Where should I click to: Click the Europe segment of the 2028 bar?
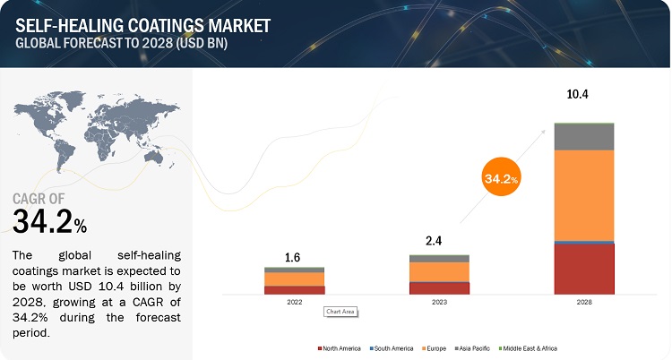coord(584,195)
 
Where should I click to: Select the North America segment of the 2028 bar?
coord(584,269)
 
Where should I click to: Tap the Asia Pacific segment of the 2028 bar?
coord(584,136)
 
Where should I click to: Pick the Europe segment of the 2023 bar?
coord(439,271)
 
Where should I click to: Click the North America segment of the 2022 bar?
coord(295,290)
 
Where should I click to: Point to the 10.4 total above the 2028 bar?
coord(585,93)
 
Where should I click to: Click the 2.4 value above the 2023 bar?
coord(439,240)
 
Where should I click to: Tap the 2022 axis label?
coord(295,303)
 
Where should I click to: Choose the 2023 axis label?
coord(439,303)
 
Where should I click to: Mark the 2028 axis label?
coord(584,303)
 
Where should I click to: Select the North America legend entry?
coord(340,347)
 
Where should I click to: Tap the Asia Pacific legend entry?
coord(478,347)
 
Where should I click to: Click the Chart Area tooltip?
coord(340,311)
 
